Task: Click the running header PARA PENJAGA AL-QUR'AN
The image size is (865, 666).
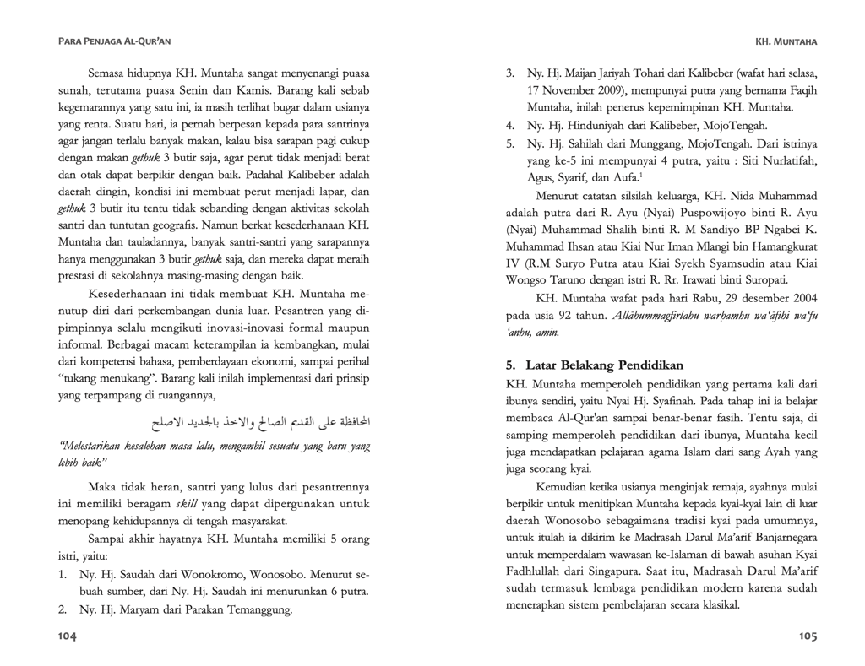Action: click(113, 40)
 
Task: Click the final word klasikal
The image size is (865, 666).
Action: click(715, 604)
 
